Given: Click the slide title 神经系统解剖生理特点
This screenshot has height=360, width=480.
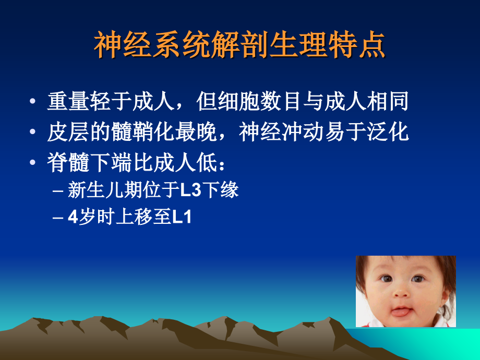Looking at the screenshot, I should (x=239, y=46).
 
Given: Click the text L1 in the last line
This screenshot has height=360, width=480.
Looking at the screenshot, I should (x=182, y=217).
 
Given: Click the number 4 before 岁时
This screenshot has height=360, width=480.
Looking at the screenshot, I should (x=73, y=217).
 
